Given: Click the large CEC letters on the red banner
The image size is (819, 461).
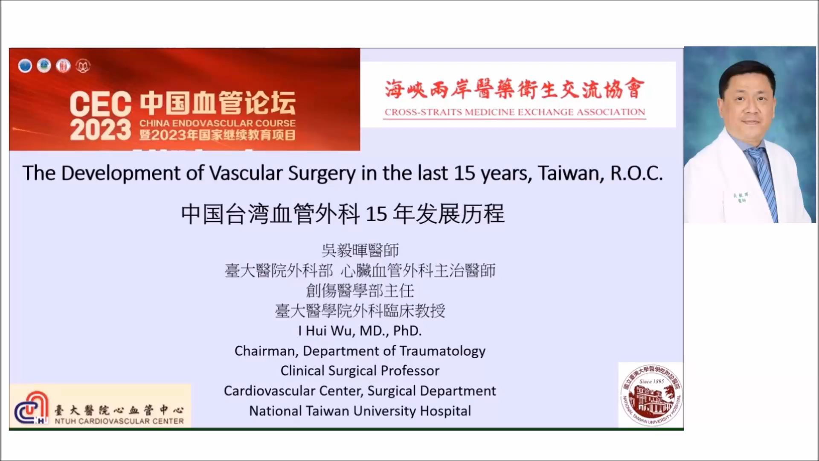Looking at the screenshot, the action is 101,104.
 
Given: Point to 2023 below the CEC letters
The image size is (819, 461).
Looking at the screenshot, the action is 101,130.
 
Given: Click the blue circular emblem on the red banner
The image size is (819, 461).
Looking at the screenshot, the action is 25,66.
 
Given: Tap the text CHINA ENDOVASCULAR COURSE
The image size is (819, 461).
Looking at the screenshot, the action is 218,123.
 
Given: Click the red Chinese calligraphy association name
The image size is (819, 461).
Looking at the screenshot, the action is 515,89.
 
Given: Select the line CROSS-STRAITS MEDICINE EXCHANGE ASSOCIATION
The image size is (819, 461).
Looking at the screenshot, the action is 515,112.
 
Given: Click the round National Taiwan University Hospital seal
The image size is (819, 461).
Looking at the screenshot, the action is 651,395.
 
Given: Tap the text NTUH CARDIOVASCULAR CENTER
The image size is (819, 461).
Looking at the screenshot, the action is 119,421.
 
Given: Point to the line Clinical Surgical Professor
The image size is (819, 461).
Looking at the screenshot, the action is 360,371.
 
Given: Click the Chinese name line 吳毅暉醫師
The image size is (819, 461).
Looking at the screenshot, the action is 360,250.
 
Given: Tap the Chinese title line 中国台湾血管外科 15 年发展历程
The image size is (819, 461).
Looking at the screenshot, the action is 343,213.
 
